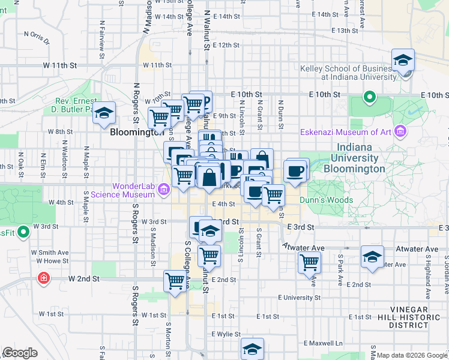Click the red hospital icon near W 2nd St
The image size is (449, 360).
click(x=43, y=278)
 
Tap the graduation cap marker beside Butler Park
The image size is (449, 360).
click(x=104, y=113)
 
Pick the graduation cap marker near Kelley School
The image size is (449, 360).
click(x=403, y=60)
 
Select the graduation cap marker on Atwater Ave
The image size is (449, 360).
click(x=372, y=257)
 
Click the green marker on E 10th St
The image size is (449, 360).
click(x=369, y=97)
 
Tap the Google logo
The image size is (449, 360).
click(x=20, y=353)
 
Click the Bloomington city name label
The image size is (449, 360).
click(x=135, y=132)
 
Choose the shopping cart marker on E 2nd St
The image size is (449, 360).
click(x=309, y=262)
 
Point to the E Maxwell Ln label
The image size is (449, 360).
click(x=322, y=343)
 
